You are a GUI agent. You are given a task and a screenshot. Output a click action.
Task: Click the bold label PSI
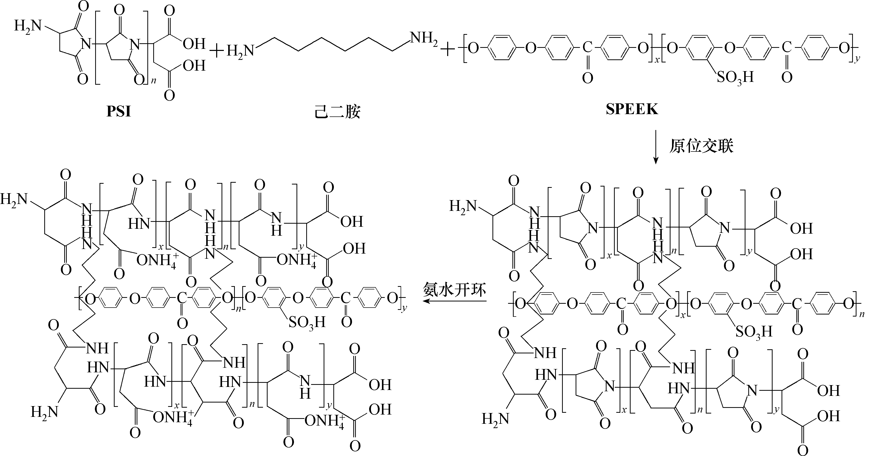pos(118,111)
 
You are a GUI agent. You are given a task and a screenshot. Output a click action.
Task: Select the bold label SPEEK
pos(632,109)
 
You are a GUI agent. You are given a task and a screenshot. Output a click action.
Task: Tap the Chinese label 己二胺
pos(337,112)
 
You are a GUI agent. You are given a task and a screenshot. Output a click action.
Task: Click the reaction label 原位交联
pos(701,146)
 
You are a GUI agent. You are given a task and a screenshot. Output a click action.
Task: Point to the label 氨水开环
pos(455,290)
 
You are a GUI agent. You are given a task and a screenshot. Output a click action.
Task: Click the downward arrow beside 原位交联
pos(656,147)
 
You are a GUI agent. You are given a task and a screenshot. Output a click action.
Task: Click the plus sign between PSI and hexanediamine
pos(217,52)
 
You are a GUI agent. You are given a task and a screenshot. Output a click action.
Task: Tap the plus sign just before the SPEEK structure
pos(448,50)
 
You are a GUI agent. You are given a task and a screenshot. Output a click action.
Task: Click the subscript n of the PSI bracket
pos(154,81)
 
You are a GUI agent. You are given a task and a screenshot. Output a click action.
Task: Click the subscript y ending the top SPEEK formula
pos(857,60)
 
